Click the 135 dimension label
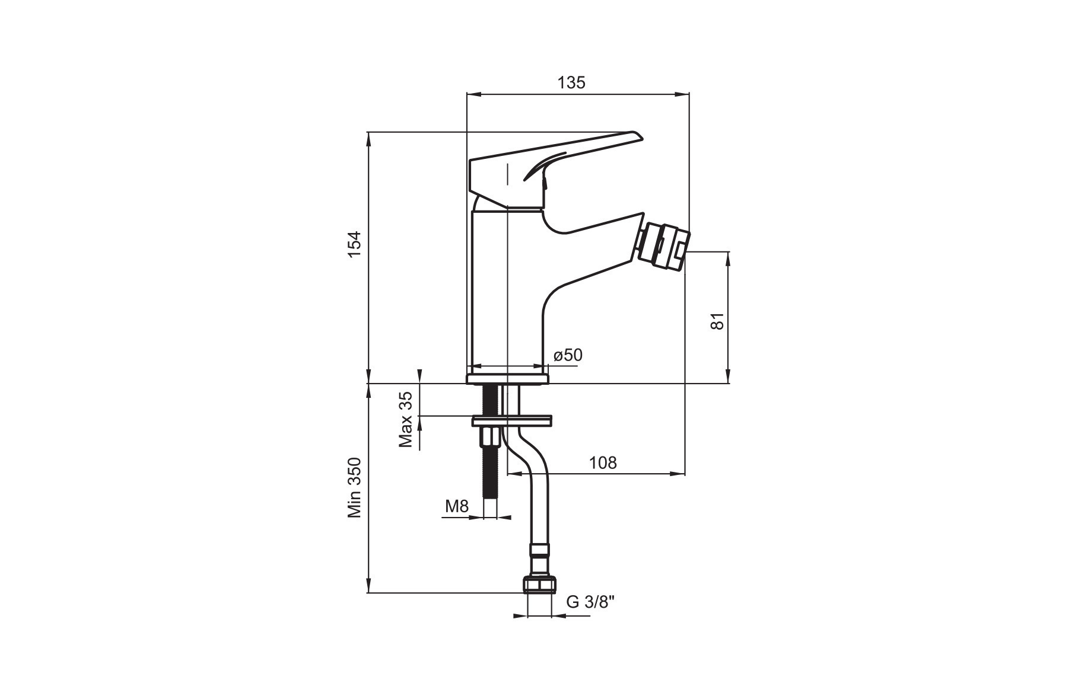(x=571, y=82)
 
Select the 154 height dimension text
(x=354, y=244)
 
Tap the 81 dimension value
(x=718, y=321)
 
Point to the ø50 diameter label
(x=568, y=355)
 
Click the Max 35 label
(x=406, y=419)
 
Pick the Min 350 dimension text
(x=354, y=488)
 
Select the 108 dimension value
(x=603, y=462)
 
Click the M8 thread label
(x=457, y=506)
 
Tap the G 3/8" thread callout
(x=590, y=602)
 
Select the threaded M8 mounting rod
(x=490, y=451)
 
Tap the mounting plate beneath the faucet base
(x=511, y=421)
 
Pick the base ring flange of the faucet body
(x=507, y=379)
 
